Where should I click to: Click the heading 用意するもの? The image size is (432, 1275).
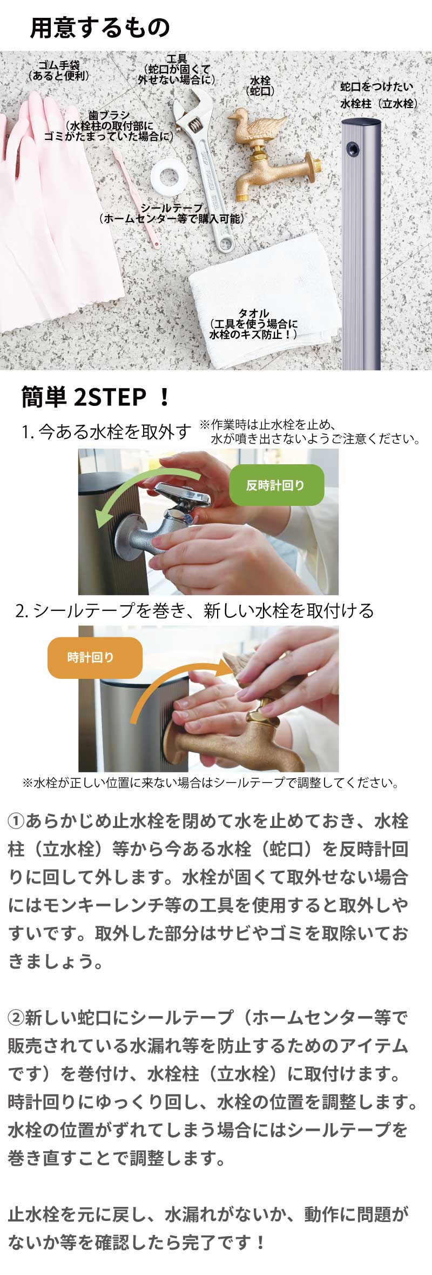100,28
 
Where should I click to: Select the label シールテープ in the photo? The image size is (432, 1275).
171,208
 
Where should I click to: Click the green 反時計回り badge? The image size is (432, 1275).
276,485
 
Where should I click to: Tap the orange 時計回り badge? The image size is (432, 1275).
95,657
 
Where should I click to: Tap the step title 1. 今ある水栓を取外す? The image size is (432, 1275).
107,432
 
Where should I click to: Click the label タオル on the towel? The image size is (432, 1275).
253,313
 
